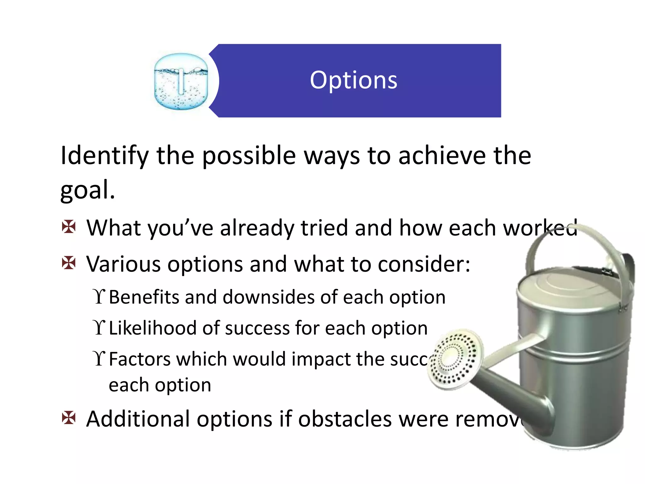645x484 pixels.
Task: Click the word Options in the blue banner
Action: pos(353,81)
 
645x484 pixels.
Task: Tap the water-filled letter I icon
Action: pos(181,82)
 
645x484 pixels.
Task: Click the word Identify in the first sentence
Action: pos(104,156)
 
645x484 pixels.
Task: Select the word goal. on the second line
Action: pos(87,190)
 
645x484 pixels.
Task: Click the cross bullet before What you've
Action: pos(69,227)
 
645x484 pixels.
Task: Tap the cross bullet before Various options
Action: pos(69,263)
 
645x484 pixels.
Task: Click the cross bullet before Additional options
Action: pos(69,418)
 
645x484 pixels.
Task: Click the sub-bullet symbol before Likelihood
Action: pos(99,328)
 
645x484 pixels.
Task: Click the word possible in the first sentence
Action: pos(249,156)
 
